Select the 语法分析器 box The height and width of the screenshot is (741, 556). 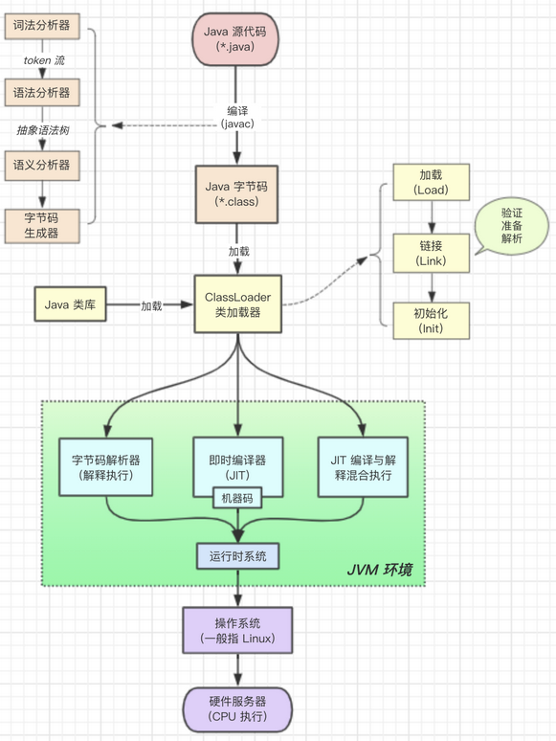click(41, 94)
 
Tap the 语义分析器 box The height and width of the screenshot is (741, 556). click(41, 165)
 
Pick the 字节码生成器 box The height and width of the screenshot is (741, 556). click(41, 226)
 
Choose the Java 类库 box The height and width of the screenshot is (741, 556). click(70, 305)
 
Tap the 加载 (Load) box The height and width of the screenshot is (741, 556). click(431, 182)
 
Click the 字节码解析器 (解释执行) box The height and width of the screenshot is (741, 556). click(105, 467)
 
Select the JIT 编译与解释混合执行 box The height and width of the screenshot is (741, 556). click(365, 467)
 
